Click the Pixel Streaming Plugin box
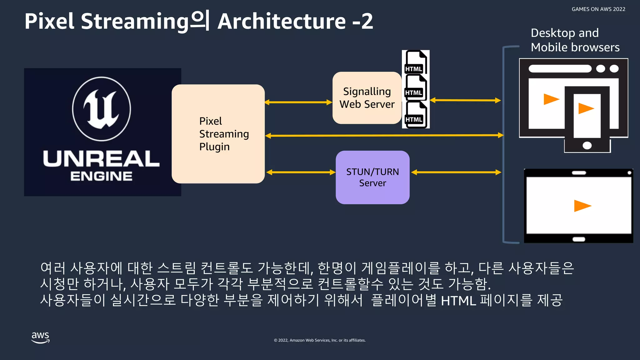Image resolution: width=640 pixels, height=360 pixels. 218,134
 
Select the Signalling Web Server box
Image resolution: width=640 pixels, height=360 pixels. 367,98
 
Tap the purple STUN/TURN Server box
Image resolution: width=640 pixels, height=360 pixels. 372,177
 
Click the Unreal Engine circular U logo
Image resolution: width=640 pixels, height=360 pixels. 102,109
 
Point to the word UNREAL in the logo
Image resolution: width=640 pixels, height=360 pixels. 101,159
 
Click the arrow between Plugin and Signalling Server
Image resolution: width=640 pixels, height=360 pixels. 298,102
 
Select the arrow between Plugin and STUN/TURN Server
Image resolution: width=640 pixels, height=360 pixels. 301,172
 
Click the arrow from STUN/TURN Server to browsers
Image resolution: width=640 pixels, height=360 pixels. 456,172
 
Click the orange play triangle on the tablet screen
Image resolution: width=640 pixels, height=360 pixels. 582,206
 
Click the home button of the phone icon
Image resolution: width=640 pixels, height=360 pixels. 587,145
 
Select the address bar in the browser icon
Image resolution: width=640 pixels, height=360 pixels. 560,69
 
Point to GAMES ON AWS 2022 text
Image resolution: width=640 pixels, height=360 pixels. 598,9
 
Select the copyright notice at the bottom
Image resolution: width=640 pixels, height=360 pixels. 320,340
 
